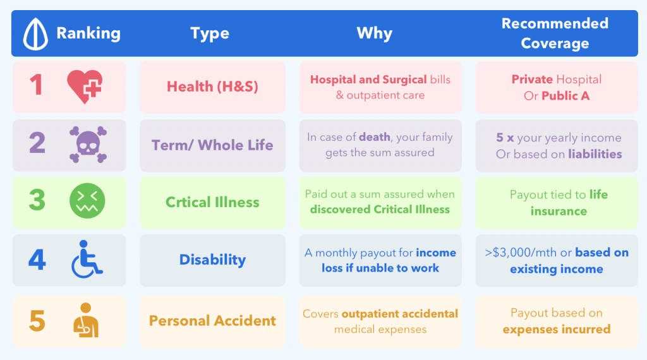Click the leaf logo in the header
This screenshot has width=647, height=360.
click(35, 33)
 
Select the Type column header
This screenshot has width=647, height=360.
click(210, 33)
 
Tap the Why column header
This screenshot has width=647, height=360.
click(375, 33)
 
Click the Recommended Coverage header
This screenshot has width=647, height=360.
click(554, 33)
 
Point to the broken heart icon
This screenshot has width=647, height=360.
click(85, 86)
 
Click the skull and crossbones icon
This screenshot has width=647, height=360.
click(87, 145)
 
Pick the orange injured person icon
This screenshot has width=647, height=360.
click(87, 321)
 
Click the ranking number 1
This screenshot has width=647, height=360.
click(37, 85)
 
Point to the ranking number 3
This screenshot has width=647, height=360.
click(37, 200)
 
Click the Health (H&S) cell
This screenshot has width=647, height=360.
click(212, 87)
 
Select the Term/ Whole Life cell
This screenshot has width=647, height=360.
click(212, 145)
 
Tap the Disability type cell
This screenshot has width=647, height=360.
click(212, 260)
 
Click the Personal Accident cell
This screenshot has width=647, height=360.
click(212, 321)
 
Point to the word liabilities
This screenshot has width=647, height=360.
click(595, 153)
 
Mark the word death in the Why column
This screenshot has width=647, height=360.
click(375, 137)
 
